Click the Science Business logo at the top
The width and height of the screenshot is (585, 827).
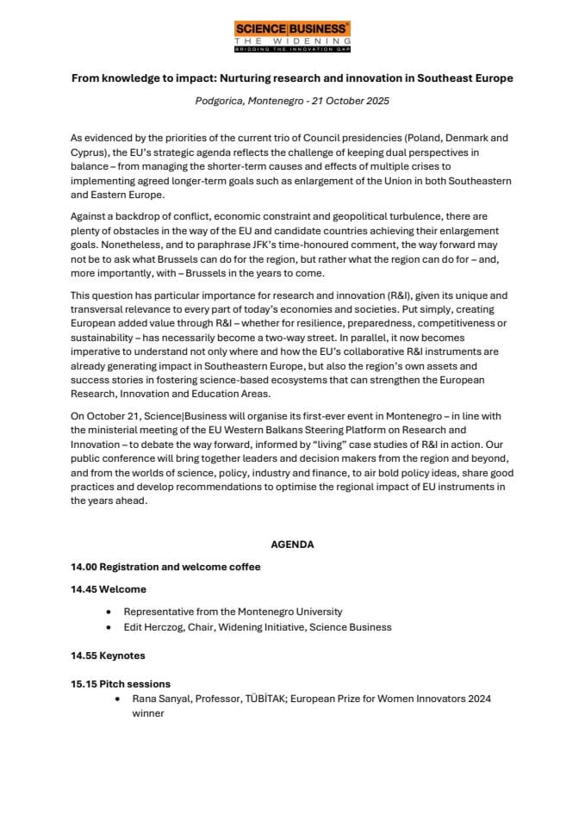(292, 36)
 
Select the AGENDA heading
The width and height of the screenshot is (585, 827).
(292, 544)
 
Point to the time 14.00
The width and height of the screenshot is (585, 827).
(84, 567)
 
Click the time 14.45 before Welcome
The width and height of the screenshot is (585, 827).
(84, 589)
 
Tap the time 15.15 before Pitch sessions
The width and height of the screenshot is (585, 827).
(84, 684)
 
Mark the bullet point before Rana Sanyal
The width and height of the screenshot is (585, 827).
(117, 700)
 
